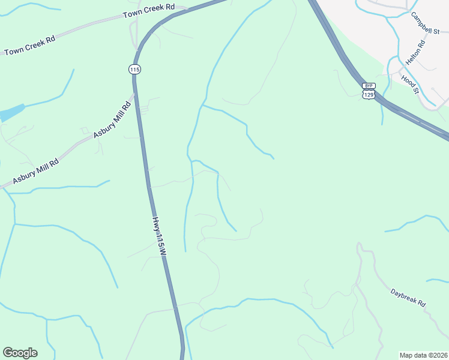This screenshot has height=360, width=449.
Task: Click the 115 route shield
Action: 134,70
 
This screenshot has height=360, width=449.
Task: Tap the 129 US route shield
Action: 369,95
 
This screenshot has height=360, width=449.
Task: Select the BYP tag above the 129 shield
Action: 369,86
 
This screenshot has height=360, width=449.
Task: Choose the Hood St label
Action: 409,84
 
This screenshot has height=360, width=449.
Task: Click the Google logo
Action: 20,353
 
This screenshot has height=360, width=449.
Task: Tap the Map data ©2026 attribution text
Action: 423,355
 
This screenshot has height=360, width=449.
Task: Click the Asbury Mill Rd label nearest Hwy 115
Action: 112,120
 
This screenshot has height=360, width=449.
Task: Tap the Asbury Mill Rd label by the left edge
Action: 36,172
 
